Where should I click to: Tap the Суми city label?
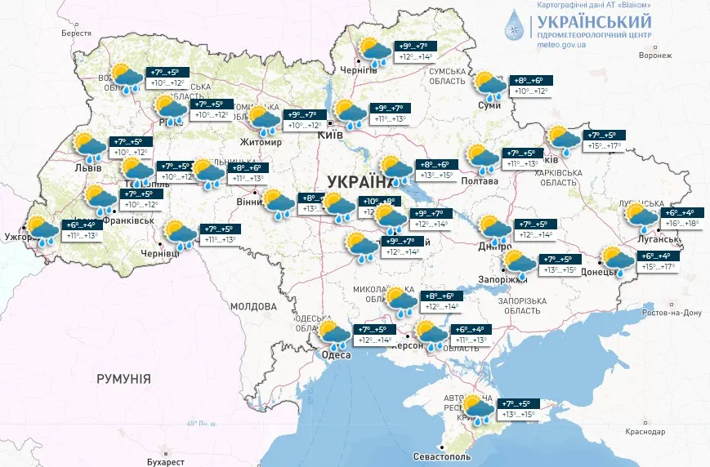pos(489,106)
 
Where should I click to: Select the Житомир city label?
pos(260,142)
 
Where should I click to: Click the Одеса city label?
pos(336,355)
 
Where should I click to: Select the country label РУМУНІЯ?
pos(123,379)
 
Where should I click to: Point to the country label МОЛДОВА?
pos(253,306)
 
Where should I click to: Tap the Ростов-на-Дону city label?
pos(672,313)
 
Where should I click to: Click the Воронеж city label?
pos(654,56)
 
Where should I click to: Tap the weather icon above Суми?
pos(490,84)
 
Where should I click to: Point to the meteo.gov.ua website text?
pos(562,45)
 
